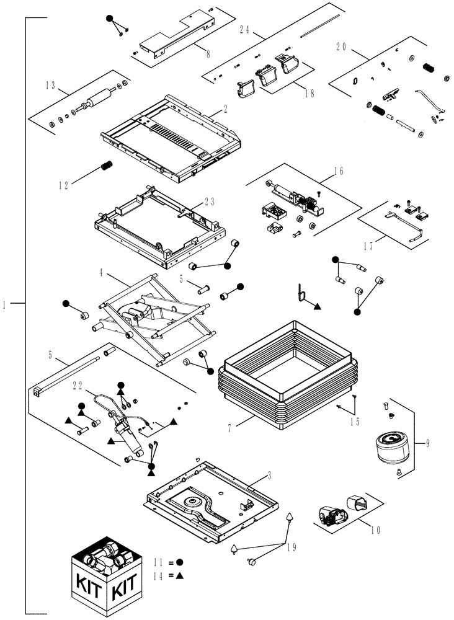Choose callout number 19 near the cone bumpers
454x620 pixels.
pos(291,546)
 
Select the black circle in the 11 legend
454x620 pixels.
pos(179,562)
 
